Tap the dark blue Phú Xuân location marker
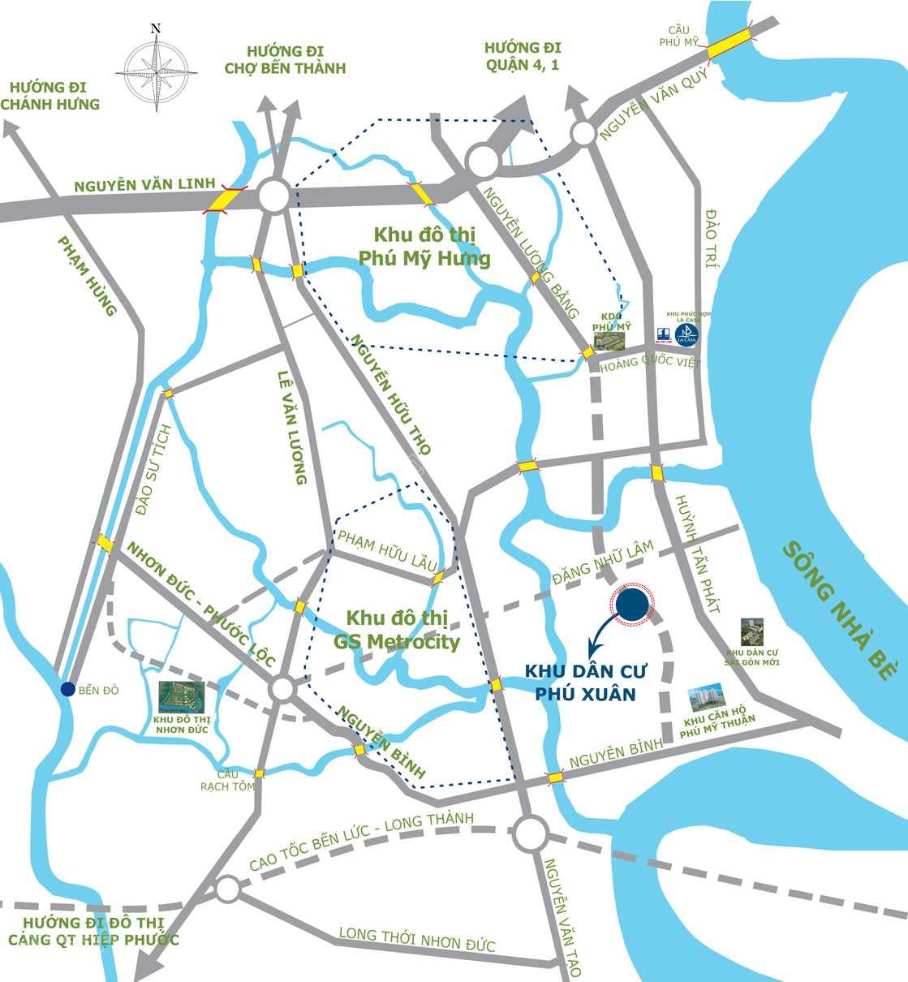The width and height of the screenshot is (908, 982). tap(632, 605)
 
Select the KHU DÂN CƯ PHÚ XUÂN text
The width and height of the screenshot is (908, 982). tap(579, 683)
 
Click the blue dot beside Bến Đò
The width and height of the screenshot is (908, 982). tap(68, 689)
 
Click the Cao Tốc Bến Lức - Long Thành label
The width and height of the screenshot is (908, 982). tap(361, 841)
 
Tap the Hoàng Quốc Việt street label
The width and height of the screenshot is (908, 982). tap(648, 364)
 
